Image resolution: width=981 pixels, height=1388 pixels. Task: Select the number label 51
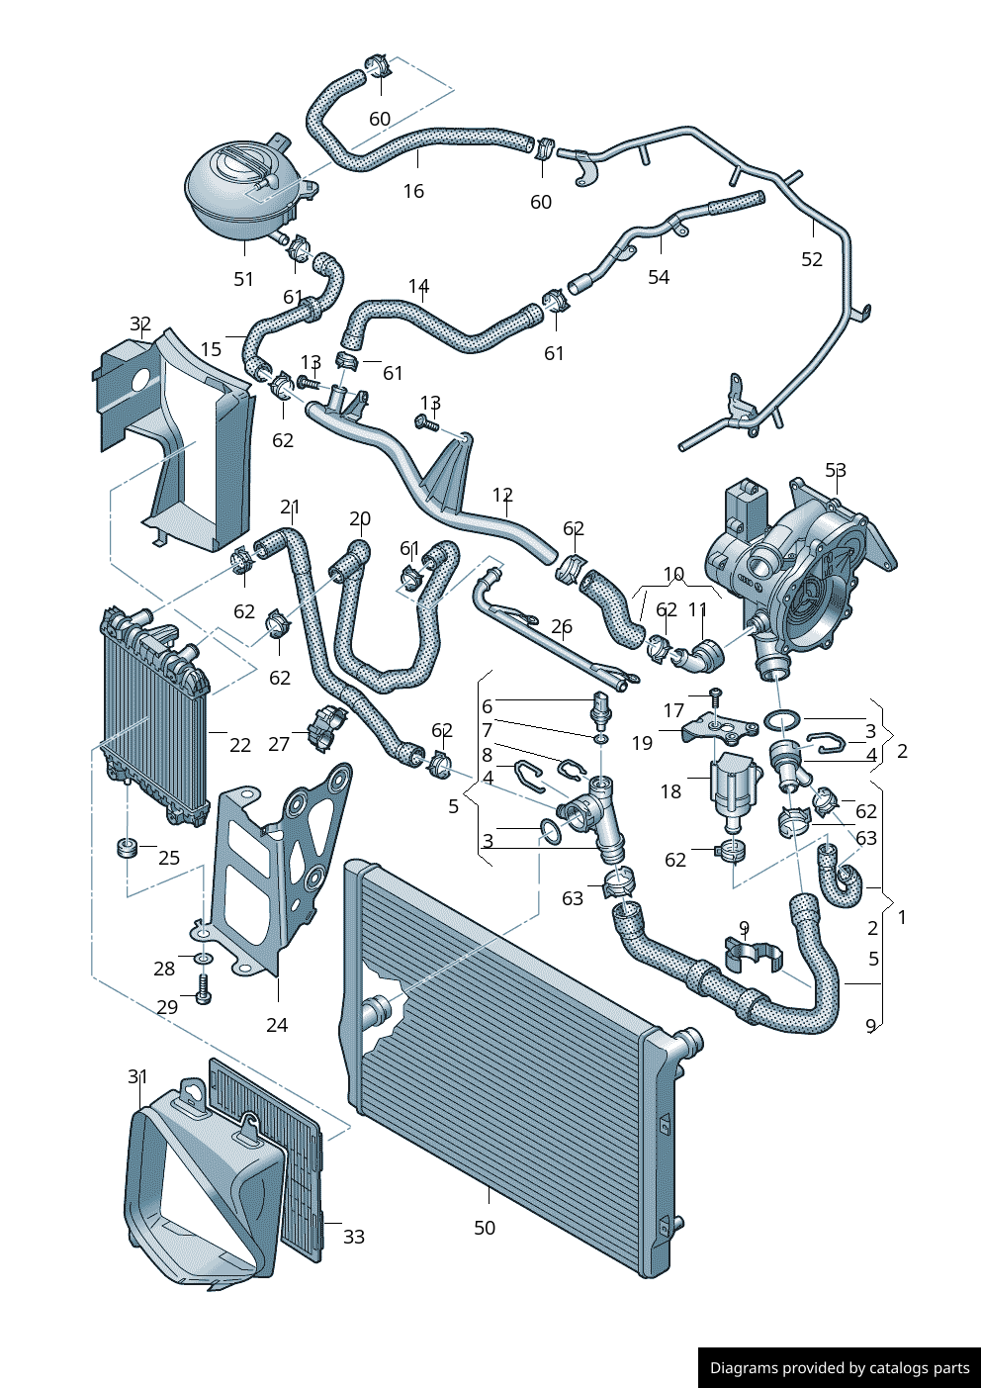(243, 280)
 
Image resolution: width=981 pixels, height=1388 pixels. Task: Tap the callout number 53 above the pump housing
(836, 470)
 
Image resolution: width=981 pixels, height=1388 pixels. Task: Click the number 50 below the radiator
(485, 1228)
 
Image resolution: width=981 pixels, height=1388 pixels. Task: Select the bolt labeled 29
(204, 988)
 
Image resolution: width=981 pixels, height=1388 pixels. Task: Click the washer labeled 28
(203, 959)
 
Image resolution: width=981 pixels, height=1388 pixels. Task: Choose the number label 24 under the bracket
(277, 1025)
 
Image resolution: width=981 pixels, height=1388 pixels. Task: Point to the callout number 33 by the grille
(354, 1237)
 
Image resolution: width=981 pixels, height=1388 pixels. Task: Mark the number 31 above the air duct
(137, 1076)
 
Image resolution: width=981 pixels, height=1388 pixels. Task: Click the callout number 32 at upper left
(140, 324)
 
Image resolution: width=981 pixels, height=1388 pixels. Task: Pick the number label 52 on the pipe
(812, 259)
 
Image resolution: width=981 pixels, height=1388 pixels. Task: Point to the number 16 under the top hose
(413, 191)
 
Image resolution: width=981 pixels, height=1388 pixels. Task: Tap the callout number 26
(562, 626)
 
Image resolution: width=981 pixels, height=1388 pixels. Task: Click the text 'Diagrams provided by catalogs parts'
(840, 1368)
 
